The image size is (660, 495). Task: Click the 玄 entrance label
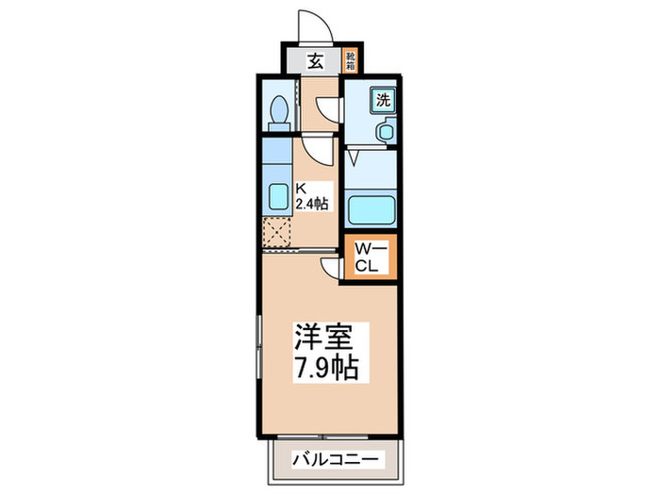[316, 62]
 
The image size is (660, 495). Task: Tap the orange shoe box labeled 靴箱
[351, 61]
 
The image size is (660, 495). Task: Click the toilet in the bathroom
[278, 113]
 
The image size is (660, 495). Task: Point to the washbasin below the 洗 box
[385, 131]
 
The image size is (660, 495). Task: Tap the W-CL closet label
[369, 257]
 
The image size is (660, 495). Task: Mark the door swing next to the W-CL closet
[332, 269]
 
